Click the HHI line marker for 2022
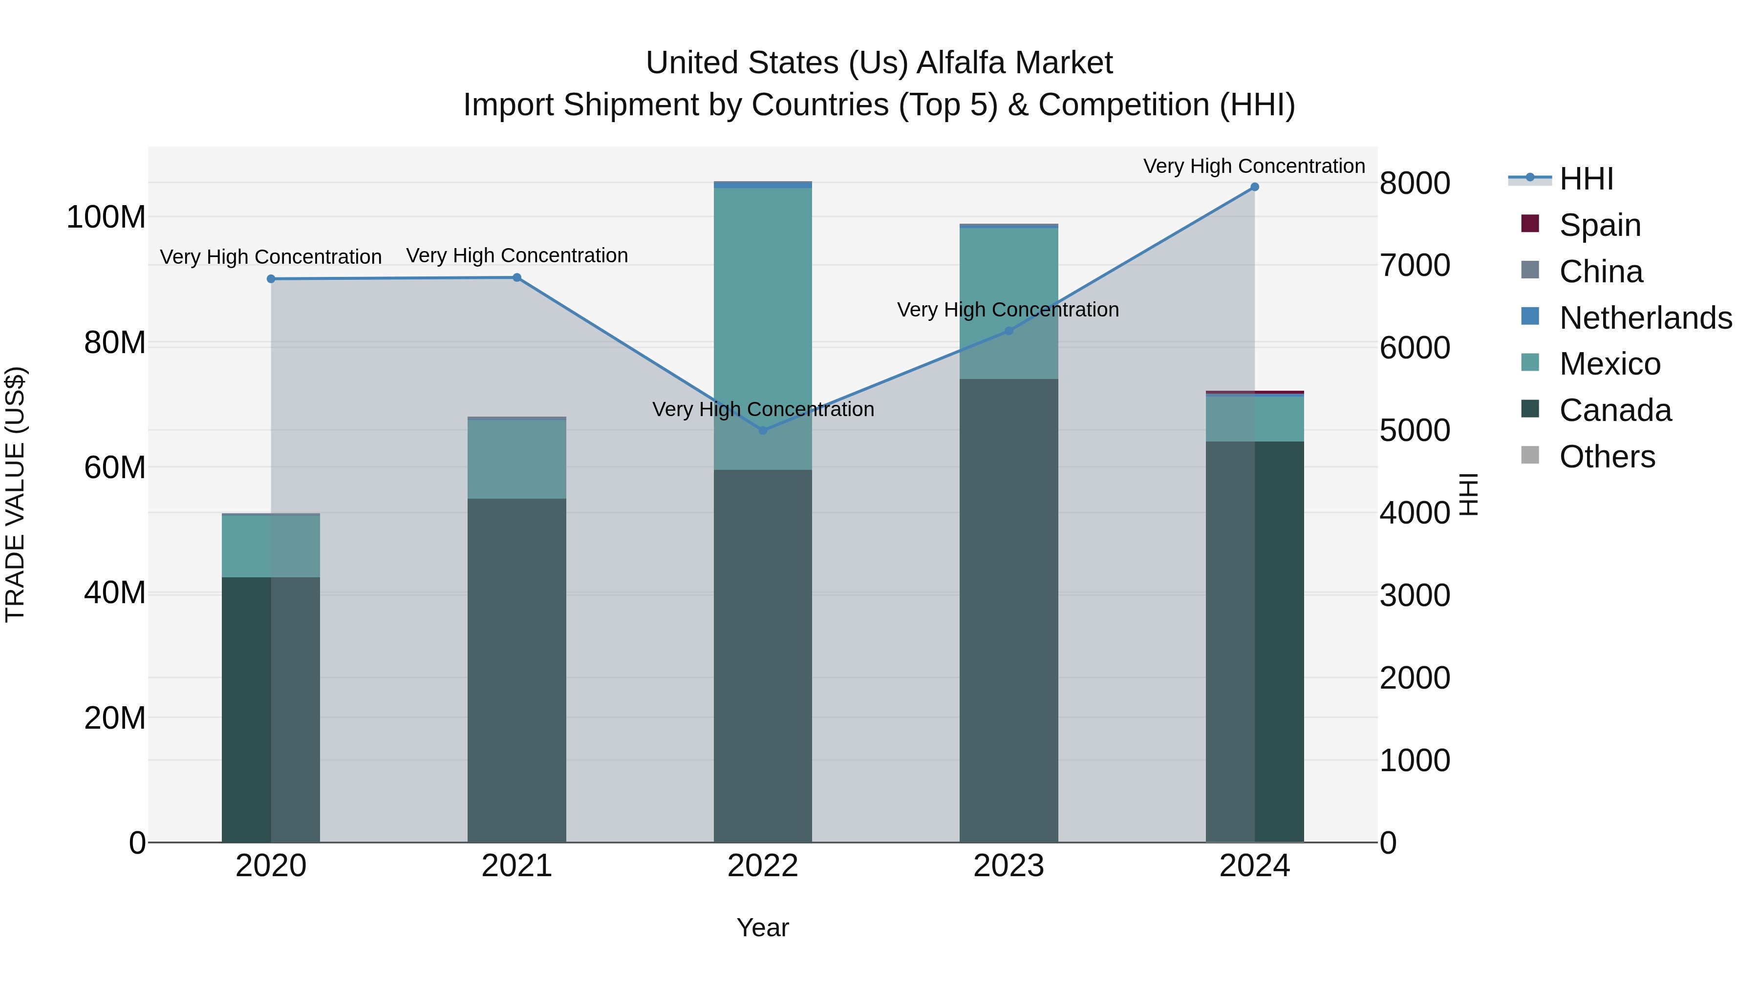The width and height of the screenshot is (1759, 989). pyautogui.click(x=763, y=430)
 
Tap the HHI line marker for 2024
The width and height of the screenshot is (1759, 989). pyautogui.click(x=1254, y=187)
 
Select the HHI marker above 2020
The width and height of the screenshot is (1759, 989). pyautogui.click(x=271, y=279)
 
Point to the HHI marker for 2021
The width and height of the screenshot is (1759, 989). pyautogui.click(x=517, y=278)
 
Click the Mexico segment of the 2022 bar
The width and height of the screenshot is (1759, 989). pyautogui.click(x=763, y=328)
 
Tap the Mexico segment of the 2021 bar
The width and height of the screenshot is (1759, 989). pyautogui.click(x=517, y=459)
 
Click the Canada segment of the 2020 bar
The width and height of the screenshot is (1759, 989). pyautogui.click(x=271, y=710)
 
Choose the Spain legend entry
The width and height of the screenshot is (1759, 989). pyautogui.click(x=1599, y=225)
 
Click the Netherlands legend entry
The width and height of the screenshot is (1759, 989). pyautogui.click(x=1644, y=318)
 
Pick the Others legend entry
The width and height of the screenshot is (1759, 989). pyautogui.click(x=1606, y=457)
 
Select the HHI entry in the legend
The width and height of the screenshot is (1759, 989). pyautogui.click(x=1586, y=179)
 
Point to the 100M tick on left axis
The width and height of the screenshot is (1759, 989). pyautogui.click(x=106, y=218)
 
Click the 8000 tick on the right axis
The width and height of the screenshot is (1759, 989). pyautogui.click(x=1414, y=184)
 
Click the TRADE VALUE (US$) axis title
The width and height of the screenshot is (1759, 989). pyautogui.click(x=15, y=494)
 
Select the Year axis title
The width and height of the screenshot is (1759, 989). pyautogui.click(x=763, y=928)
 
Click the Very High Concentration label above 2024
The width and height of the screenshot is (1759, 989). pyautogui.click(x=1254, y=167)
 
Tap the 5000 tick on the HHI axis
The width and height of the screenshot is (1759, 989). pyautogui.click(x=1414, y=431)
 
